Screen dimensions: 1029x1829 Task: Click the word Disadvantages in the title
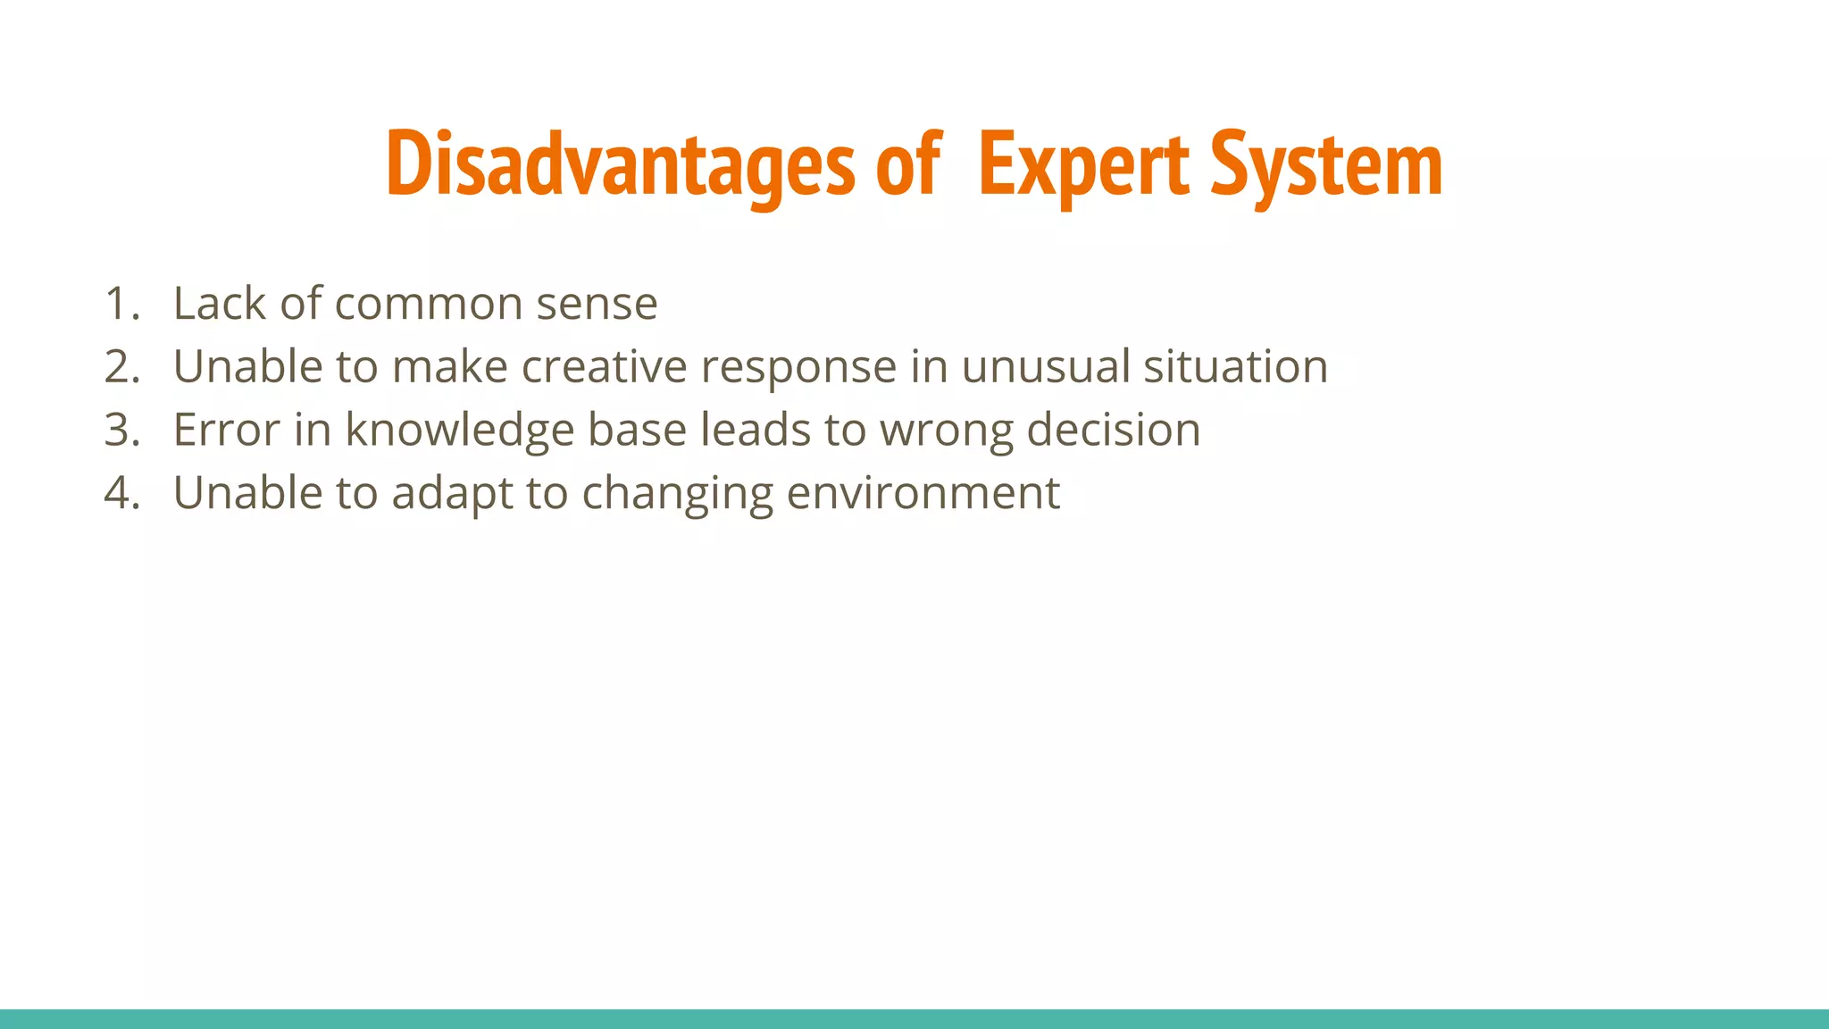pos(621,164)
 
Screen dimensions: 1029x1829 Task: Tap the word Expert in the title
pos(1083,164)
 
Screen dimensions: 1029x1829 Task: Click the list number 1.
pos(121,304)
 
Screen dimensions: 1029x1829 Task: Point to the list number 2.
pos(121,367)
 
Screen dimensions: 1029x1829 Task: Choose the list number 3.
pos(121,431)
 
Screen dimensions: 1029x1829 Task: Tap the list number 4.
pos(121,493)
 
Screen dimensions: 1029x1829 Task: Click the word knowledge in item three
pos(459,431)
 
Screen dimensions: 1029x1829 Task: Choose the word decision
pos(1113,431)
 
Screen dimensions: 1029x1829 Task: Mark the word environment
pos(923,493)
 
